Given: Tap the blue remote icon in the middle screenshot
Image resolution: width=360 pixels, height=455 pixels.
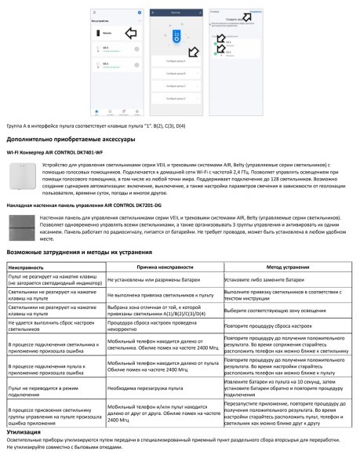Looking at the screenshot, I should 173,35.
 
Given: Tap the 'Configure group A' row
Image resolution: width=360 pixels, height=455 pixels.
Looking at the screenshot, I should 173,60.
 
